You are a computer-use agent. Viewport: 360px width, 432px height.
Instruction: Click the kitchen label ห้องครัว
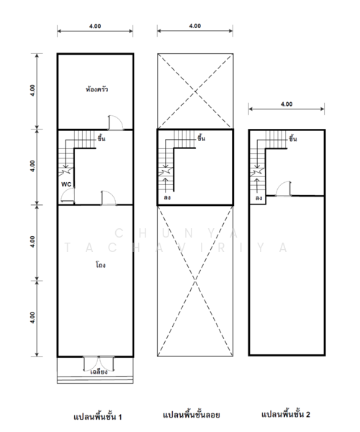point(96,89)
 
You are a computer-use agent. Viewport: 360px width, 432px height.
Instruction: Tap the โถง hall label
point(101,265)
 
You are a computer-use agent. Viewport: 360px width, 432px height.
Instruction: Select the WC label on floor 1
point(66,184)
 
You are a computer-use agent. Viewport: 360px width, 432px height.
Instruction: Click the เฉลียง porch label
point(99,372)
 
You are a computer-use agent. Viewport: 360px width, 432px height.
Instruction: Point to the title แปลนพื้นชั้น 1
point(98,417)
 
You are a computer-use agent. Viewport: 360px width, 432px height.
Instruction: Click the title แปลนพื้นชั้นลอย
point(192,415)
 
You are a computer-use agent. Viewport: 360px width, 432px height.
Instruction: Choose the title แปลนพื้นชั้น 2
point(286,414)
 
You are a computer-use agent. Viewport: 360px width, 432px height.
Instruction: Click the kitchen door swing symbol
point(115,122)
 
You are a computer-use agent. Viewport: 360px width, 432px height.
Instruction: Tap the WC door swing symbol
point(68,196)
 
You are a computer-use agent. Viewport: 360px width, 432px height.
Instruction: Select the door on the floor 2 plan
point(284,189)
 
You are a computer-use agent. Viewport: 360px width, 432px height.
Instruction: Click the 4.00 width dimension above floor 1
point(95,26)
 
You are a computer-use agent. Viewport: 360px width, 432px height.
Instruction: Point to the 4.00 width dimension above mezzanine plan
point(195,26)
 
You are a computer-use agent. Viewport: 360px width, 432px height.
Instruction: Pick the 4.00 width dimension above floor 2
point(287,104)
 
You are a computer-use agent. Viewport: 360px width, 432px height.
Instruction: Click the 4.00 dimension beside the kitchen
point(32,91)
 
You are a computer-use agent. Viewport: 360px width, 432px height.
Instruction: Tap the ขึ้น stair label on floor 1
point(102,138)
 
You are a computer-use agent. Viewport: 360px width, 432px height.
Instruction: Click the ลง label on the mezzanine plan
point(167,197)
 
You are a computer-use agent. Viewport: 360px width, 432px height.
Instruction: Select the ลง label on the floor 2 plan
point(258,198)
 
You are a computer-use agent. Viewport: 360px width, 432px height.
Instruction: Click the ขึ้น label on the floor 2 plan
point(293,138)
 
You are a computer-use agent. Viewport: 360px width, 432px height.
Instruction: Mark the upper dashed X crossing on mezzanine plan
point(195,91)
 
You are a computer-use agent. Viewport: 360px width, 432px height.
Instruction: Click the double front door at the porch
point(99,364)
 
